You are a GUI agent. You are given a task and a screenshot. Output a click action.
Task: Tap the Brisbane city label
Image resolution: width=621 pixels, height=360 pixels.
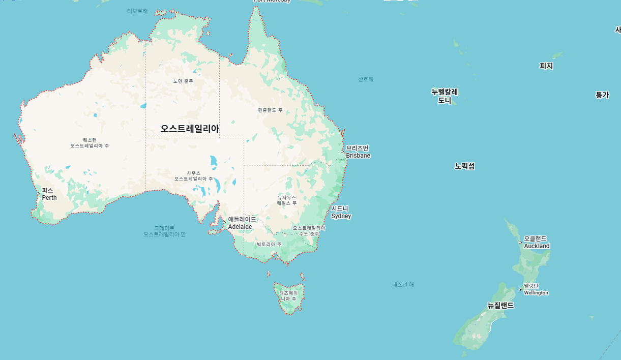click(358, 152)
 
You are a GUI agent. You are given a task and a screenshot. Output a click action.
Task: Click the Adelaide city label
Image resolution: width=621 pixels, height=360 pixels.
click(242, 223)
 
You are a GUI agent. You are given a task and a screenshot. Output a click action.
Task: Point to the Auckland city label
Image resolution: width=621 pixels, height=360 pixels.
click(536, 242)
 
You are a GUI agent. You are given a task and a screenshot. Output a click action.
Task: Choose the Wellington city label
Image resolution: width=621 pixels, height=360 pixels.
click(536, 289)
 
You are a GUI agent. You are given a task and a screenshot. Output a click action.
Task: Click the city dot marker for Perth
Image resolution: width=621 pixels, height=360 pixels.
click(38, 194)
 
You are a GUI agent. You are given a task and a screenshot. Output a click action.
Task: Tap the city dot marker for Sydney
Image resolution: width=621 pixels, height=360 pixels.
click(328, 213)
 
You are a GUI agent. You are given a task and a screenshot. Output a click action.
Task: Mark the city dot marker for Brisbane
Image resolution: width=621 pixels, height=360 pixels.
click(342, 152)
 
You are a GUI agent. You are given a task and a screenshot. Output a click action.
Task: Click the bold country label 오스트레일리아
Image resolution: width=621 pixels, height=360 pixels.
click(190, 129)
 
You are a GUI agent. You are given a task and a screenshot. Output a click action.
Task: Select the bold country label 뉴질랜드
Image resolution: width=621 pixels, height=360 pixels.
click(500, 306)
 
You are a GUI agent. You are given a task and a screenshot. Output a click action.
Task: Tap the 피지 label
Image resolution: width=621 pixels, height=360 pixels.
click(546, 66)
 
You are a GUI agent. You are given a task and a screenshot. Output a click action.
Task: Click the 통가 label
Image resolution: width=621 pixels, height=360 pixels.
click(602, 95)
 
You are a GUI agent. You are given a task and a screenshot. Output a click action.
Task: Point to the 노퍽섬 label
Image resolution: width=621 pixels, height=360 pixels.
click(465, 166)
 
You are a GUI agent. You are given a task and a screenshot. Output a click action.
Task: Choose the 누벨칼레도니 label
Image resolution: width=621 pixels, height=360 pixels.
click(445, 96)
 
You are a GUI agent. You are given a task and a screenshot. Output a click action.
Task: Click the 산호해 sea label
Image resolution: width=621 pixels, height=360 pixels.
click(366, 79)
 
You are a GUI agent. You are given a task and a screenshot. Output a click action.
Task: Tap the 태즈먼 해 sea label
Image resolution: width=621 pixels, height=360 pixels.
click(403, 285)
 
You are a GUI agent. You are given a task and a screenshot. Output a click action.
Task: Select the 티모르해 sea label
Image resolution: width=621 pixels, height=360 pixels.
click(137, 11)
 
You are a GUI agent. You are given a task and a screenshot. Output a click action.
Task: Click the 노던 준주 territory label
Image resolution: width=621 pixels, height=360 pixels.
click(183, 81)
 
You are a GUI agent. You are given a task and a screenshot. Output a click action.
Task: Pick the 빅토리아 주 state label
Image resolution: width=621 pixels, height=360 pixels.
click(269, 245)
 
